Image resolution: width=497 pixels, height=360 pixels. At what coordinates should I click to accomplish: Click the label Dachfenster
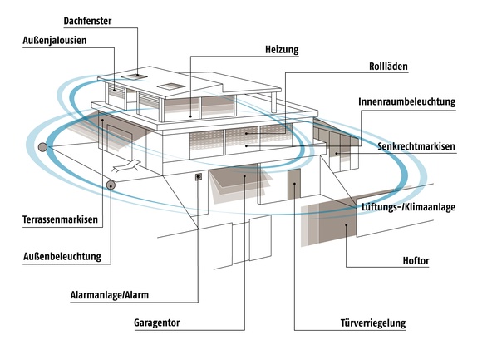point(87,21)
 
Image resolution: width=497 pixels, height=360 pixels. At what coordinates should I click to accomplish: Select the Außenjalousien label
point(55,41)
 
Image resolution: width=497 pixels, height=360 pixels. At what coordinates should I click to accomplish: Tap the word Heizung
point(282,50)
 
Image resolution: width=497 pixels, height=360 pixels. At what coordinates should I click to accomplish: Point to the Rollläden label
point(388,67)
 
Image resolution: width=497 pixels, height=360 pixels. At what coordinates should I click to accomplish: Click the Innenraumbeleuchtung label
point(407,101)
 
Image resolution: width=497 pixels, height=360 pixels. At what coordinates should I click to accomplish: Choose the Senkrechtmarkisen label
point(416,146)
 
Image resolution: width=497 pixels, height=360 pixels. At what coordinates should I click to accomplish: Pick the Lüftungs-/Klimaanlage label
point(409,207)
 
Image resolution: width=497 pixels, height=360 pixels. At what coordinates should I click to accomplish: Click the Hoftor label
point(416,261)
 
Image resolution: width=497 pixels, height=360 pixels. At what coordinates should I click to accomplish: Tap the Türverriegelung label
point(373,323)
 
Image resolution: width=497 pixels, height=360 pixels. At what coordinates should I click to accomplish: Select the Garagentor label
point(156,323)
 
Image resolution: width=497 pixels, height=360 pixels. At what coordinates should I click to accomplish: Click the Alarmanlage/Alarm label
point(110,295)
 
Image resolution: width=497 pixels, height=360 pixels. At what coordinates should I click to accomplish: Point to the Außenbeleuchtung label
point(62,257)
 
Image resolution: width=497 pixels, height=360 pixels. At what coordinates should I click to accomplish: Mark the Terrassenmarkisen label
point(60,219)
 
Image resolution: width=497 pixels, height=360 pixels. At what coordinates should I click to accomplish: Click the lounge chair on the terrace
point(125,166)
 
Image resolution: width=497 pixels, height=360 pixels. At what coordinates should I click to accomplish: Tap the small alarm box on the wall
point(199,176)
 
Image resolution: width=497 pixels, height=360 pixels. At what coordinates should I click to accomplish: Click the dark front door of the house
point(294,184)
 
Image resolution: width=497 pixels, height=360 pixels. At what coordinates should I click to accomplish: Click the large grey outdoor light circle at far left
point(42,147)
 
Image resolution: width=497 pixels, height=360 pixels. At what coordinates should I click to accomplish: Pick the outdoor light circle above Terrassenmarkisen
point(111,185)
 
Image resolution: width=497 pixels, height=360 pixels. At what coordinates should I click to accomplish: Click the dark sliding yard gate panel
point(337,221)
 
